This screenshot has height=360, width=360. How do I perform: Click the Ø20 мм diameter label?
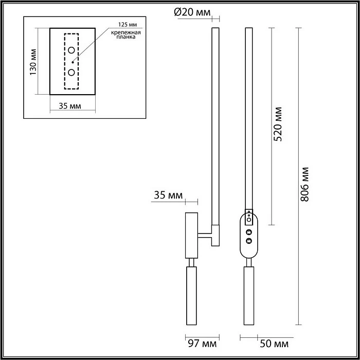[x=192, y=12]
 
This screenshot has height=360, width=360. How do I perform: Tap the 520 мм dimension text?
[x=278, y=124]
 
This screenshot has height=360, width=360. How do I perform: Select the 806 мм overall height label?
[x=304, y=185]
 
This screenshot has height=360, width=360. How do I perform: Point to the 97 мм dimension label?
[x=202, y=344]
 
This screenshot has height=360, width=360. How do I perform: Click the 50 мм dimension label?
[x=274, y=344]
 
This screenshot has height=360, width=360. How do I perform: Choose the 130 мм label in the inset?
[x=33, y=62]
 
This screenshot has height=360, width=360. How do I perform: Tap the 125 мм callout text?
[x=128, y=25]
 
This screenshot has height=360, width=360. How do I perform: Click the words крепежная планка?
[x=126, y=34]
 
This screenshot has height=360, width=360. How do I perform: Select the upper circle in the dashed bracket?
[x=71, y=50]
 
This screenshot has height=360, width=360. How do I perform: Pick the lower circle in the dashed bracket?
[x=71, y=73]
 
